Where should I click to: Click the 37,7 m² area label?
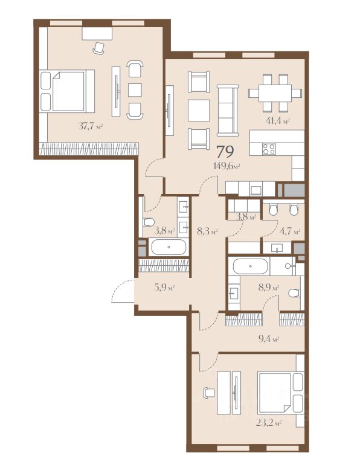coord(91,126)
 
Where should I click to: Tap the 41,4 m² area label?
coord(278,121)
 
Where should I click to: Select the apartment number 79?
coord(225,152)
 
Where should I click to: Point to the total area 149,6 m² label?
coord(227,166)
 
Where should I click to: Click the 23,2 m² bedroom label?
coord(269,424)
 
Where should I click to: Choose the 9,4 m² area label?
coord(269,339)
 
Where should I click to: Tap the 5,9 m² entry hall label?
coord(164,287)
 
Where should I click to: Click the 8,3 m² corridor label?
coord(207,232)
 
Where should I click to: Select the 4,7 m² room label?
coord(290,231)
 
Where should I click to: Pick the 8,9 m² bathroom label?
coord(269,287)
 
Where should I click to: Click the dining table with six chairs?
coord(275,93)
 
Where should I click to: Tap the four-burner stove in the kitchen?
coord(269,149)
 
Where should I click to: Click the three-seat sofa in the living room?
coord(228,111)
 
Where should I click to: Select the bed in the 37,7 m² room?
coord(67,91)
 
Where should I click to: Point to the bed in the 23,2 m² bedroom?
coord(281,393)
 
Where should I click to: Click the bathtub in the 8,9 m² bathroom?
coord(251,266)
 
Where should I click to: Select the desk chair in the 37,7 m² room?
coord(98,48)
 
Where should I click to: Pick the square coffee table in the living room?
coord(199,110)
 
